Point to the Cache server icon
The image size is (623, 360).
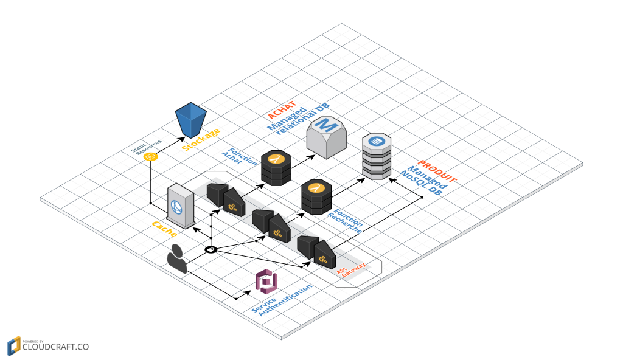click(181, 208)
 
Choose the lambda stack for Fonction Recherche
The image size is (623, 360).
click(316, 196)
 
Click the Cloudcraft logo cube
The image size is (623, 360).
click(14, 346)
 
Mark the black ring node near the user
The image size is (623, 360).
click(211, 249)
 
